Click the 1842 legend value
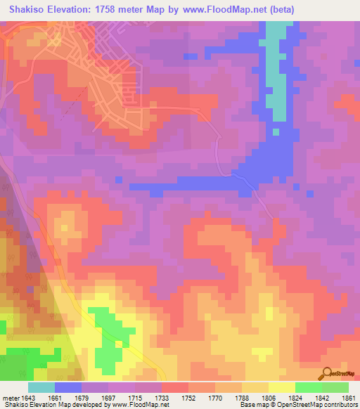(x=322, y=398)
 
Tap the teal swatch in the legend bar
(x=41, y=387)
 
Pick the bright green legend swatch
(x=309, y=387)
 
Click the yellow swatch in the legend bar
(x=282, y=387)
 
